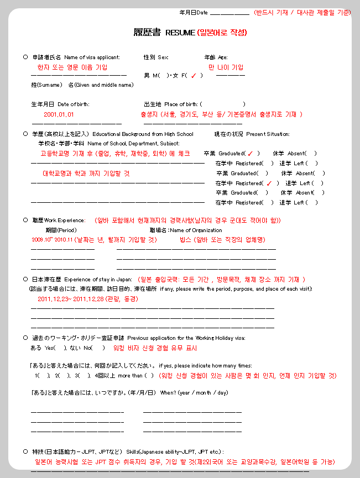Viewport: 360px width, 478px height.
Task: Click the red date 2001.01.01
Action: [x=59, y=115]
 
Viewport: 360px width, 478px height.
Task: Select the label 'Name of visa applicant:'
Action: [x=88, y=57]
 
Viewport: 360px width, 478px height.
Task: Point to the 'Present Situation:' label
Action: [x=268, y=134]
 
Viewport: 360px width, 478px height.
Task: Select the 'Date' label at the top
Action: [x=202, y=12]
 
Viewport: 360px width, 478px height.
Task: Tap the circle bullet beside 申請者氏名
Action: [x=25, y=57]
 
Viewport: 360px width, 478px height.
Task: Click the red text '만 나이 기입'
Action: [x=226, y=67]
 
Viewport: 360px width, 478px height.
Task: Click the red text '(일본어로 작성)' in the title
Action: [x=222, y=33]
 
